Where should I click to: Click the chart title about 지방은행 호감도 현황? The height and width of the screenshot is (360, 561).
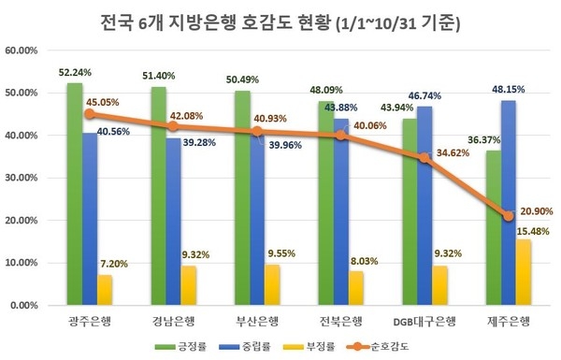point(280,21)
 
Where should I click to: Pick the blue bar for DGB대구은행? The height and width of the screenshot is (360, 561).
point(424,206)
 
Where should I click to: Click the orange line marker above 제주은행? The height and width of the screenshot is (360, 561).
point(508,216)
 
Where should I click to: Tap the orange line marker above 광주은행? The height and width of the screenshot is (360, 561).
point(90,114)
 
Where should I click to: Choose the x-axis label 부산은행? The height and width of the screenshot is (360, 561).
point(257,323)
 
